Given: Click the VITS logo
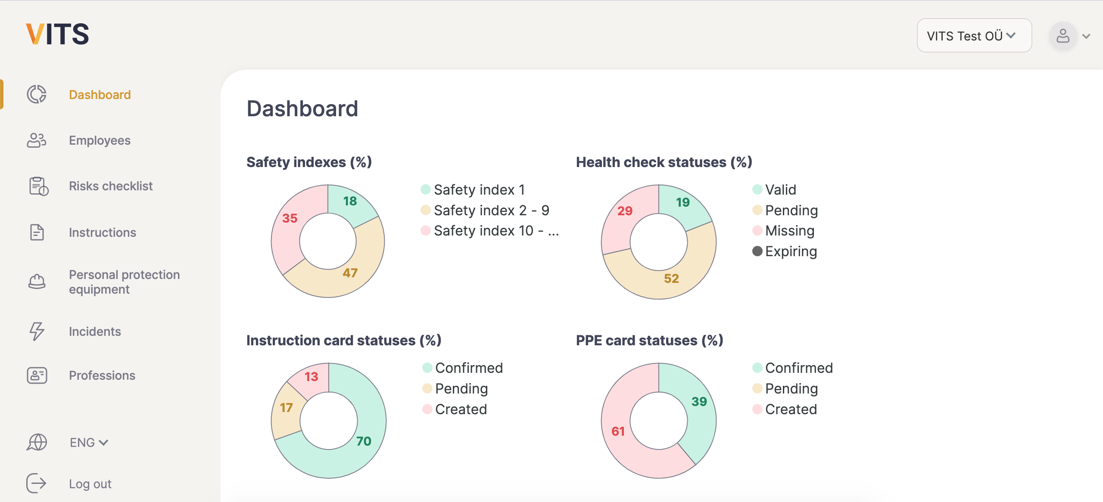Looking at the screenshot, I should point(57,34).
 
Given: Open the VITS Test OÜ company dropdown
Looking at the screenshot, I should point(973,36).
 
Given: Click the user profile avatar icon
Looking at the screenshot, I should point(1062,36).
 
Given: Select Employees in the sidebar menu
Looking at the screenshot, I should point(100,140).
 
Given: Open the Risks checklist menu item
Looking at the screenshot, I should point(111,186).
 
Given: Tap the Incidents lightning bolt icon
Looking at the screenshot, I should point(37,331).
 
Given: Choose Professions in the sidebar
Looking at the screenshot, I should point(102,375).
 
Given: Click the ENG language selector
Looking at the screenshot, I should point(88,442).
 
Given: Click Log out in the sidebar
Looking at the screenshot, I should point(90,483).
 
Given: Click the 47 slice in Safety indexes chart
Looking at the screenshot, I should point(350,273).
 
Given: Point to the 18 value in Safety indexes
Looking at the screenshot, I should point(350,201).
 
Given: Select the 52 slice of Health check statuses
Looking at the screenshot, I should point(671,279).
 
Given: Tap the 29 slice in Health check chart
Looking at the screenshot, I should point(625,211).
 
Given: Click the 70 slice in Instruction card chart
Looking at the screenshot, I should point(364,441).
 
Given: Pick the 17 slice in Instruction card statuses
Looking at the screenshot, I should point(287,408).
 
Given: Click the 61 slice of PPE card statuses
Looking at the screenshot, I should point(618,431).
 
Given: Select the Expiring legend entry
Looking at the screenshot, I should point(790,251).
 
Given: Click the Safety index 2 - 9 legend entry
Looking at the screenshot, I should point(491,211).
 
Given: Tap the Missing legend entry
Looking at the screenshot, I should point(789,231).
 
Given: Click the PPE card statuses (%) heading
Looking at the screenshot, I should point(649,341).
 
